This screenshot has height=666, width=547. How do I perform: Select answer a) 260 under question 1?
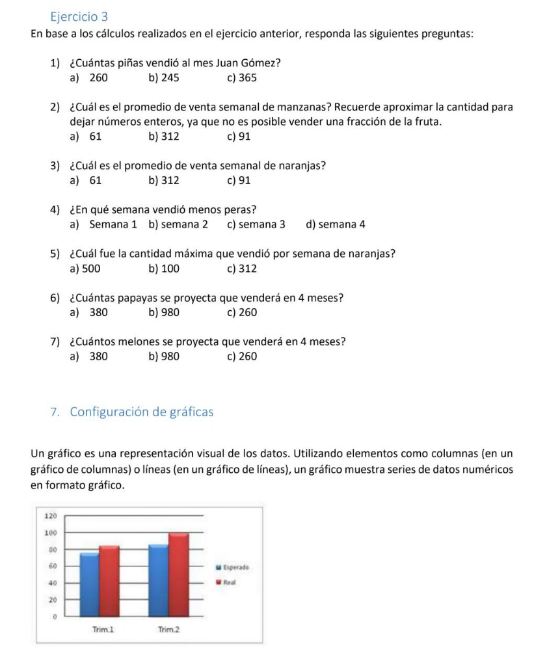click(88, 78)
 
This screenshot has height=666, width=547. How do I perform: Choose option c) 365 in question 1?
click(242, 78)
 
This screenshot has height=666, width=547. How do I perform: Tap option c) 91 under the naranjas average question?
click(239, 181)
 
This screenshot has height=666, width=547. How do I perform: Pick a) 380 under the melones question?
click(88, 356)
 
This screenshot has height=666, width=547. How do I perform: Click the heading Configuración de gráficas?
click(141, 412)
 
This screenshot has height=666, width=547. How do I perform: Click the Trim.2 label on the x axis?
click(168, 630)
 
